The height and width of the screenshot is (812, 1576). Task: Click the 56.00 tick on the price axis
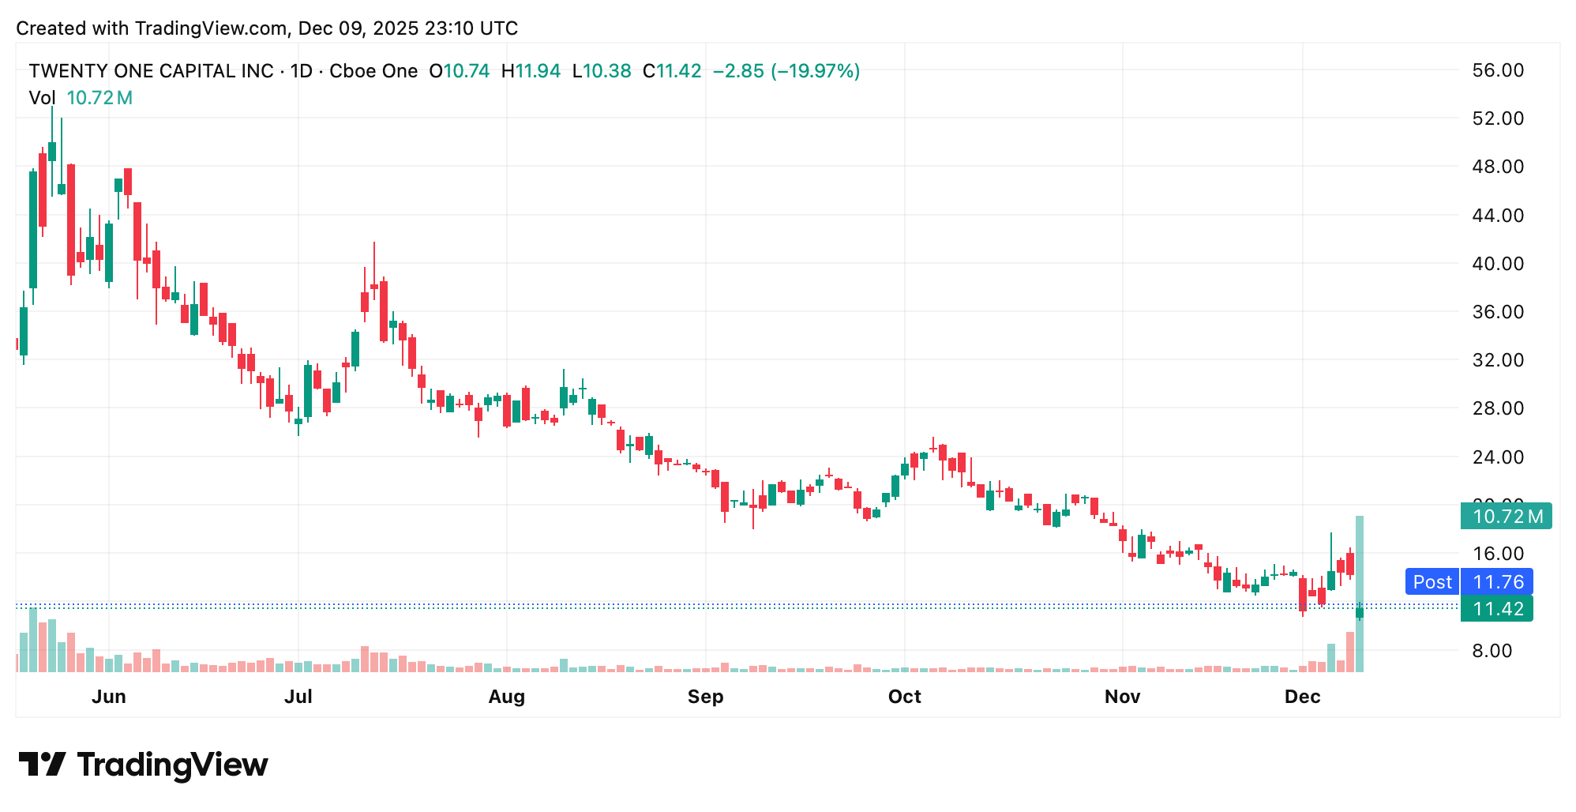(x=1497, y=70)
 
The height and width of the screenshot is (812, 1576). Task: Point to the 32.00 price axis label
(x=1497, y=360)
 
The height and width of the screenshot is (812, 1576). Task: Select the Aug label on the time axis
(x=506, y=697)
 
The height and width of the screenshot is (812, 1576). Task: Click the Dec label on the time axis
(x=1302, y=697)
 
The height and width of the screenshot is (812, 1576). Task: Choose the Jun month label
(x=109, y=697)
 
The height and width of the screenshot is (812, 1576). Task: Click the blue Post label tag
(x=1432, y=582)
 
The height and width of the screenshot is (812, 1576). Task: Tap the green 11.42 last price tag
(x=1497, y=609)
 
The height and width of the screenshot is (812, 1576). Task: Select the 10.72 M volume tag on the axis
(x=1507, y=517)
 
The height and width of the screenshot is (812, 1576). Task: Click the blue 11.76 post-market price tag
(x=1497, y=582)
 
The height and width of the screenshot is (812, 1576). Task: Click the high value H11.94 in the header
(x=531, y=71)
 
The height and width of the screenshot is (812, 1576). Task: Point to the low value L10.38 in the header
(x=602, y=71)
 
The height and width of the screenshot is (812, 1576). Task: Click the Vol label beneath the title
(x=42, y=98)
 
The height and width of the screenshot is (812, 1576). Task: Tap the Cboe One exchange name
(x=373, y=71)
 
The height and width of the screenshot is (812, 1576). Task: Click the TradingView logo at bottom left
(x=143, y=765)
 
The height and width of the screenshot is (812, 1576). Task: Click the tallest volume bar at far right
(x=1360, y=594)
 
